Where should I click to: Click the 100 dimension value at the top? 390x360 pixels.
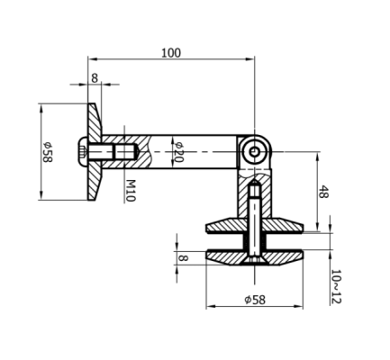point(170,52)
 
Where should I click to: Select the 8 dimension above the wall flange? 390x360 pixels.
point(95,78)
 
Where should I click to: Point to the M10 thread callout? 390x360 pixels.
point(130,188)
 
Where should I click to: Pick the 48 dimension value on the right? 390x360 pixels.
point(324,191)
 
